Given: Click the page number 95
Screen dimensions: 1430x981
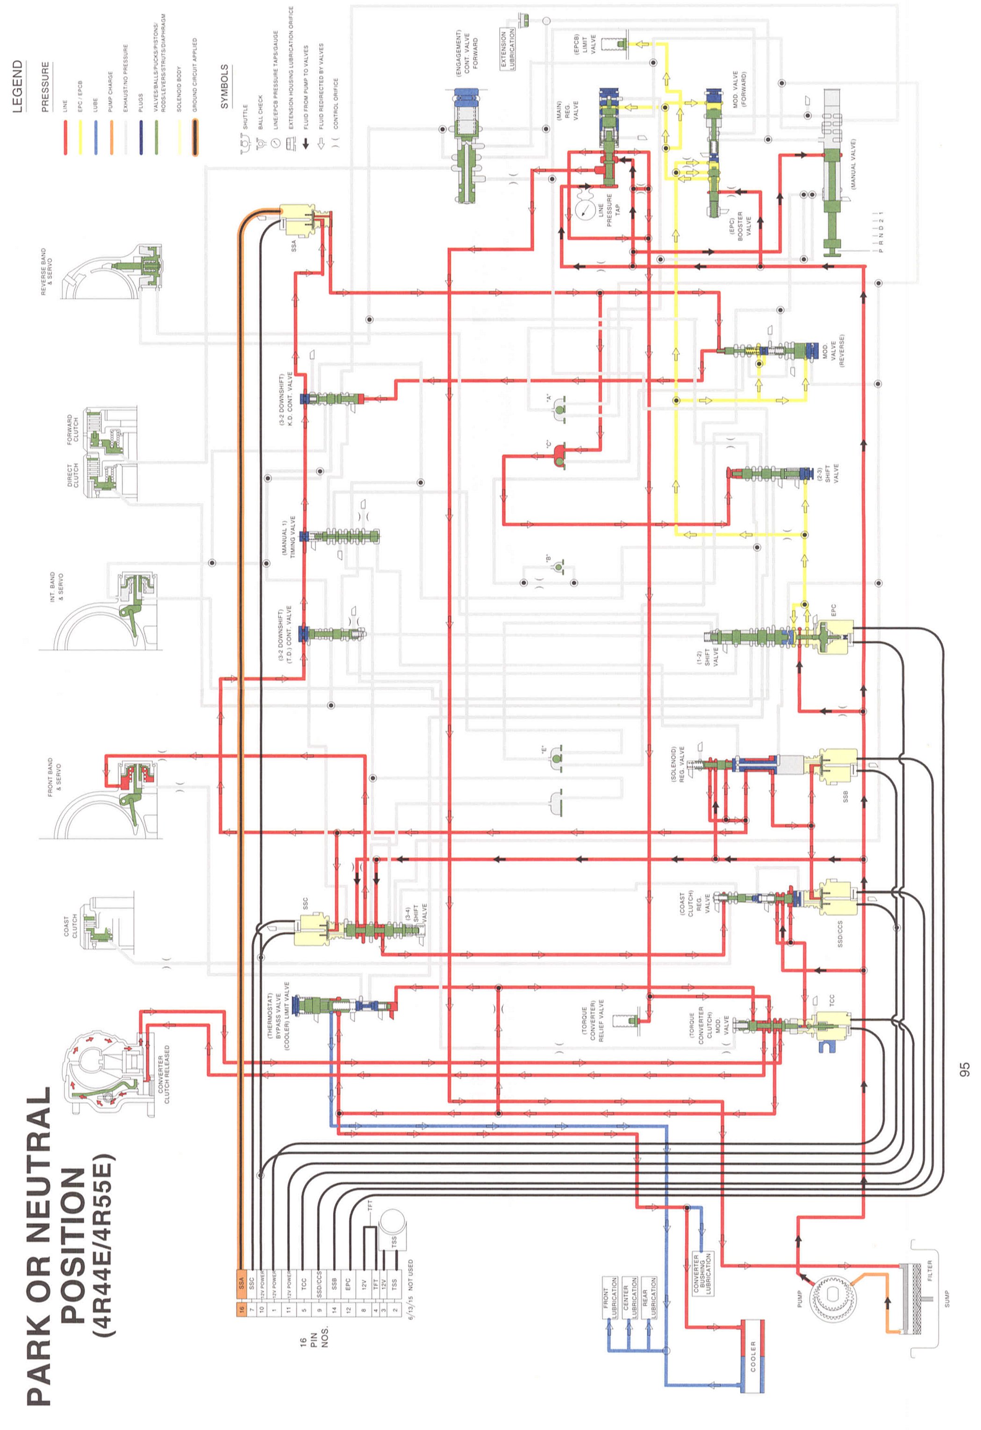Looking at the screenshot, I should coord(964,1069).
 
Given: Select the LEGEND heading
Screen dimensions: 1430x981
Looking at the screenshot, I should coord(18,86).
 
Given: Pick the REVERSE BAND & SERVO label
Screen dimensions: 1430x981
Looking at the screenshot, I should coord(47,272).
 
